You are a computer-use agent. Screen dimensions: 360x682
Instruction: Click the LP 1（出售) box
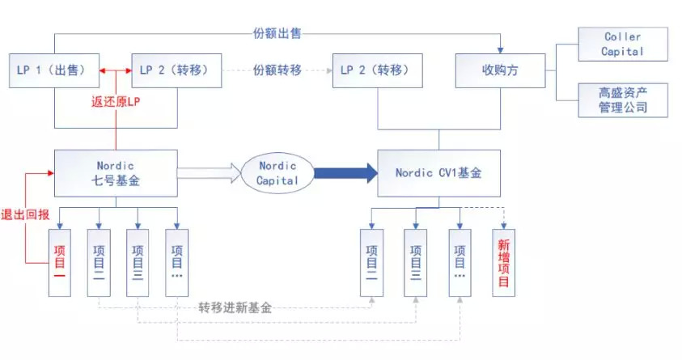tap(53, 70)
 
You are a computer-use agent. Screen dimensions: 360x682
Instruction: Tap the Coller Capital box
tap(623, 44)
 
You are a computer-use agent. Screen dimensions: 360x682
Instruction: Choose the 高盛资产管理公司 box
tap(623, 100)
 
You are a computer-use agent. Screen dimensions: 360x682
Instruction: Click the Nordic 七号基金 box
tap(116, 172)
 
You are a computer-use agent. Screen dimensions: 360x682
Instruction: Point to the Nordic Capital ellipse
tap(277, 172)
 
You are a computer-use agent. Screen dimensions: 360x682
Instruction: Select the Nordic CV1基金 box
tap(438, 172)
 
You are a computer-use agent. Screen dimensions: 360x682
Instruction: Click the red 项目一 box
tap(60, 261)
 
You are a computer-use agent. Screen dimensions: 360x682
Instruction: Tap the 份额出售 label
tap(277, 34)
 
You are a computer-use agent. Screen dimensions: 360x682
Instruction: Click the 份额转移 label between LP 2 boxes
tap(277, 70)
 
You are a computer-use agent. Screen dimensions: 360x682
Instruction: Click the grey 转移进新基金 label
tap(235, 308)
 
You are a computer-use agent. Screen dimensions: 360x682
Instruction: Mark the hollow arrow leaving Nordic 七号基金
tap(209, 172)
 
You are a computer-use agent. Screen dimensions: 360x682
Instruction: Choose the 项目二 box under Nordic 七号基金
tap(100, 261)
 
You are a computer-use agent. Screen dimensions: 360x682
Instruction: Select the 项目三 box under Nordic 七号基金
tap(138, 261)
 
